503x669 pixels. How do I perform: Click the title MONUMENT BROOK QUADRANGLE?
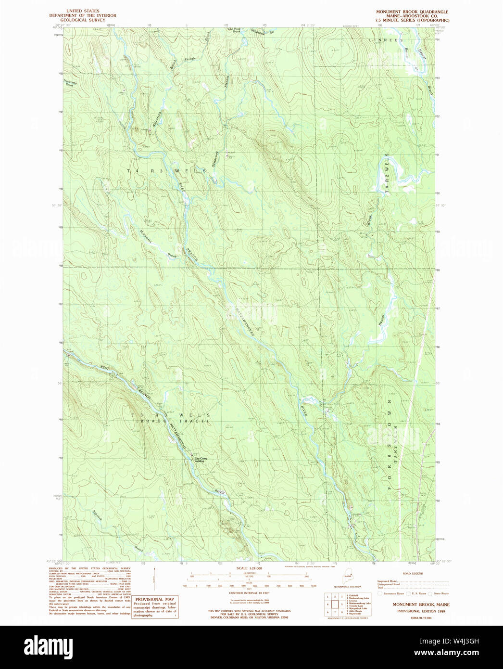413,11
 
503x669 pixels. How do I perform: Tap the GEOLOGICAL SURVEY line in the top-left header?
83,20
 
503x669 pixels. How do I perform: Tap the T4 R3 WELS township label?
166,171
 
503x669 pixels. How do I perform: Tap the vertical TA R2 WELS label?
386,174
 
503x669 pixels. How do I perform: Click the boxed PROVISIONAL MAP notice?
154,606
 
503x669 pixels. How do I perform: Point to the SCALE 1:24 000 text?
249,568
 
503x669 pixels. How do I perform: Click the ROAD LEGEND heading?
413,574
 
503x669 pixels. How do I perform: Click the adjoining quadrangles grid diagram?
334,604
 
